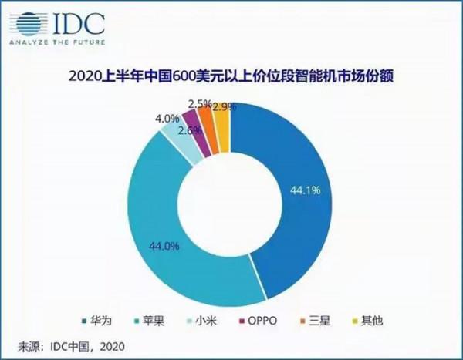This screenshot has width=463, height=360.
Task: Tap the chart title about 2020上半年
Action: coord(231,76)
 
